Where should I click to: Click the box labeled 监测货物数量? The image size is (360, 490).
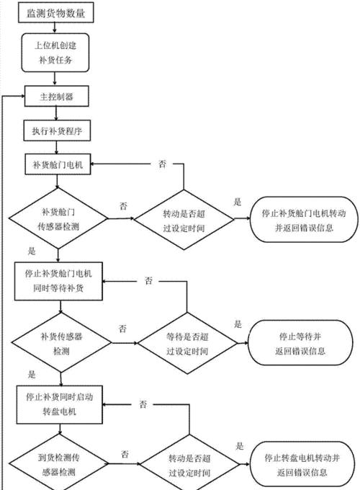pos(56,13)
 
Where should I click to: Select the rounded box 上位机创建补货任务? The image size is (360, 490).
pos(55,53)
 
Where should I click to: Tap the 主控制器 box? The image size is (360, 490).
pos(56,97)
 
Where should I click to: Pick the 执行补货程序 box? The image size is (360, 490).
pos(57,130)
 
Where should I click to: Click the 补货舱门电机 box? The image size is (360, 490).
pos(58,164)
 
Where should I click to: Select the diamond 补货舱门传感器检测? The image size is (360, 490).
pos(58,219)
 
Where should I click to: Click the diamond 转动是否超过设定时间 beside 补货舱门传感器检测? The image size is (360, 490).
pos(184,220)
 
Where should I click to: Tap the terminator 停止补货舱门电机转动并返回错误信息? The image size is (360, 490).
pos(304,220)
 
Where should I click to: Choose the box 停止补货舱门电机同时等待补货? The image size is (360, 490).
pos(58,281)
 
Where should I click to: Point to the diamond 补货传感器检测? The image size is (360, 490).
pos(61,343)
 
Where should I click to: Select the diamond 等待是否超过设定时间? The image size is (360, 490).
pos(187,344)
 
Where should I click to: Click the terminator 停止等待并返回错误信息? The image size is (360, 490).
pos(300,343)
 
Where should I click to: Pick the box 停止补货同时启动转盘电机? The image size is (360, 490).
pos(59,405)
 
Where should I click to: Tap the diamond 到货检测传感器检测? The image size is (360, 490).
pos(58,464)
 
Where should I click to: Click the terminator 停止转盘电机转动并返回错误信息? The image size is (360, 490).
pos(302,465)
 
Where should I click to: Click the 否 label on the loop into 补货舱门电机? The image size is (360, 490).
pos(162,164)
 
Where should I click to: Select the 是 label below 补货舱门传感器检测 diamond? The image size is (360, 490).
pos(32,251)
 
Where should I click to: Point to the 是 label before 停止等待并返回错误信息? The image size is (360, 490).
pos(238,324)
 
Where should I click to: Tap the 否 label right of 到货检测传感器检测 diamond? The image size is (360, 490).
pos(125,454)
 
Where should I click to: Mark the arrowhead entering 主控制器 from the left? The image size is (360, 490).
pos(23,97)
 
